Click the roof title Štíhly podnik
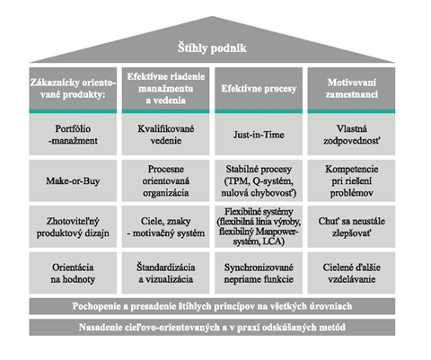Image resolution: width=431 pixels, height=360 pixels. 212,48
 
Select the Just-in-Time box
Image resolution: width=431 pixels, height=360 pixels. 259,135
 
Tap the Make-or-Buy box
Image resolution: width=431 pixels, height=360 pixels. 73,180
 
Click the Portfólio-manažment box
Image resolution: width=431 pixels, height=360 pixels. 73,135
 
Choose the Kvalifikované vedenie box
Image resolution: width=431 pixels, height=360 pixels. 165,135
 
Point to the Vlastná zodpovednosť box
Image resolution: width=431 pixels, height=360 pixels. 351,135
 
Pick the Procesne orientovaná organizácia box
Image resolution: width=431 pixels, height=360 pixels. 165,180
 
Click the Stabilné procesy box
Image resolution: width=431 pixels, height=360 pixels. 259,180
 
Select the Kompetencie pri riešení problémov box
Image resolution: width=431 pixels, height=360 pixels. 351,180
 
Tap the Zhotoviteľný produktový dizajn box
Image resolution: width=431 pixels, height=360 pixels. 73,226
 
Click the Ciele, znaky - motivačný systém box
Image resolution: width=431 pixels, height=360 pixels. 165,226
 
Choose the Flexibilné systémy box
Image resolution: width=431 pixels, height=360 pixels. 259,226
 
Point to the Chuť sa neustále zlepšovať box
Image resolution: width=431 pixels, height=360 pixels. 351,226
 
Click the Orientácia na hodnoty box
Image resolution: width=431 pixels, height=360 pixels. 73,273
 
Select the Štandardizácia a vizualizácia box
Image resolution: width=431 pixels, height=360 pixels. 165,273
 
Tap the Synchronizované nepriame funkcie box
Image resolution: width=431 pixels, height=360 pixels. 259,273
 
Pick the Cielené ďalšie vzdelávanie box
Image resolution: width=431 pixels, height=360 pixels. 351,273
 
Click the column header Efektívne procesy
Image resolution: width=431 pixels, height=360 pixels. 259,89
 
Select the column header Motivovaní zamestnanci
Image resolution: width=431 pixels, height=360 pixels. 351,89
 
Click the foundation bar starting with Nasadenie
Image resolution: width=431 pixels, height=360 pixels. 212,327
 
